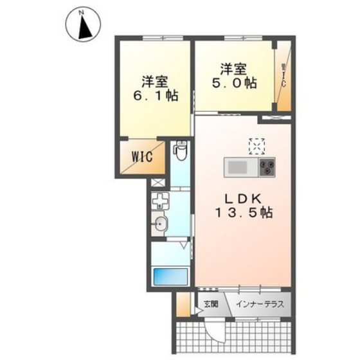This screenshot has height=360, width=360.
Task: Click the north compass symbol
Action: [x=83, y=25]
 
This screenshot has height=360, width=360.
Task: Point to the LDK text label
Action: [x=239, y=199]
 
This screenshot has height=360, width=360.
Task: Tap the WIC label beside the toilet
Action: [x=142, y=156]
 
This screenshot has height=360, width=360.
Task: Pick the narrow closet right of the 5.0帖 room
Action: [x=283, y=77]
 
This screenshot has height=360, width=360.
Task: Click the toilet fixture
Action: [x=181, y=150]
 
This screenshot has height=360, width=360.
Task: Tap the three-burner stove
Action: [x=267, y=168]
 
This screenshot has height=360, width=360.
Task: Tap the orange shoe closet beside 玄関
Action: [x=184, y=303]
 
